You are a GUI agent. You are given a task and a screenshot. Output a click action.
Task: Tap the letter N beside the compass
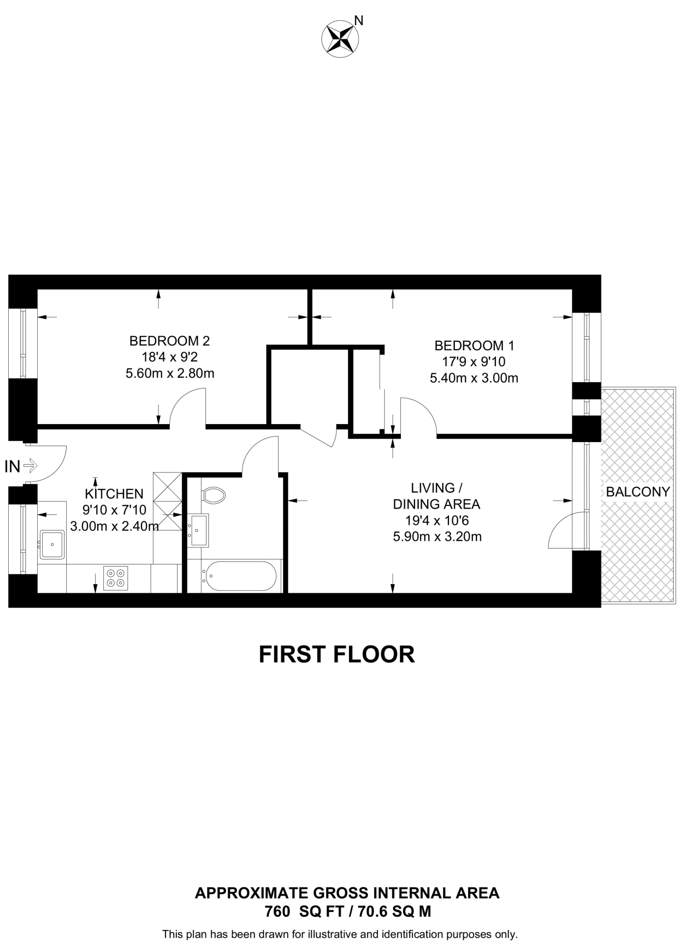tap(359, 20)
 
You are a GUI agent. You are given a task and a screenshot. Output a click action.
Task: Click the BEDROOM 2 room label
tap(169, 341)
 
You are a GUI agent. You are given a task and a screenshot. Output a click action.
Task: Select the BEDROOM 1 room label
tap(474, 345)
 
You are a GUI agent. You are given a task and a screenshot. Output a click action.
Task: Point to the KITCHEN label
tap(114, 494)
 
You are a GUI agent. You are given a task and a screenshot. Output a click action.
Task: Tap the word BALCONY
tap(638, 492)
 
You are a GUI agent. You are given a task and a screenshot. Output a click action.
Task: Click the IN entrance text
tap(12, 466)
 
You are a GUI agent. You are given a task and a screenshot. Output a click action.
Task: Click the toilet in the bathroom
tap(214, 495)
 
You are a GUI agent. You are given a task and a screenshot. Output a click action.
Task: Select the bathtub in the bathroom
tap(240, 576)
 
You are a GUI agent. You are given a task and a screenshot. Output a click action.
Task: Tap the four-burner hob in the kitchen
tap(115, 578)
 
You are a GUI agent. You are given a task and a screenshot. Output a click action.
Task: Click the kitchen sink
tap(52, 544)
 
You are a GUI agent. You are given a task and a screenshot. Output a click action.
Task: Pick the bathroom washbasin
tap(198, 530)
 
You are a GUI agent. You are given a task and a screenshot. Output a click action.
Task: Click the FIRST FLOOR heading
tap(337, 655)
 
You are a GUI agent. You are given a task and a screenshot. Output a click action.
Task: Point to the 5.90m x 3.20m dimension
tap(437, 537)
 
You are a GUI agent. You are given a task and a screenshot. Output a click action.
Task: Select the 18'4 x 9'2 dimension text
tap(170, 357)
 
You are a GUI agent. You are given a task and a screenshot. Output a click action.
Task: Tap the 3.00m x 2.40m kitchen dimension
tap(114, 526)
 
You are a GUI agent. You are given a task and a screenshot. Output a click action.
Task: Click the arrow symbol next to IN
tap(30, 466)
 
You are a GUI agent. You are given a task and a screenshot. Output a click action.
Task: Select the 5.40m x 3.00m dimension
tap(474, 378)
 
